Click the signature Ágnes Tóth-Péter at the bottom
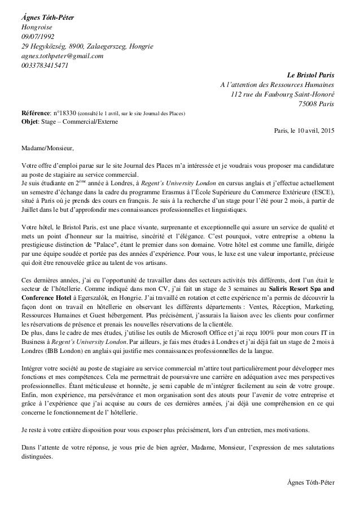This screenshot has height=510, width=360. point(310,483)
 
